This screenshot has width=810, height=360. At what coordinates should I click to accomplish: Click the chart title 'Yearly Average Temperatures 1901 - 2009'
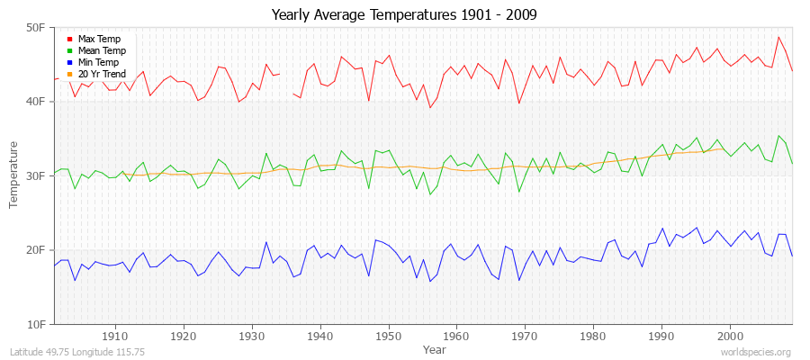tap(404, 16)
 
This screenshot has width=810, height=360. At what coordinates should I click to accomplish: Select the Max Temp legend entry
tap(97, 40)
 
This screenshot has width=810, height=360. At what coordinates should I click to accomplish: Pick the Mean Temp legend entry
tap(100, 51)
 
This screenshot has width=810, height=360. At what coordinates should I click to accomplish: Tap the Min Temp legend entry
tap(98, 63)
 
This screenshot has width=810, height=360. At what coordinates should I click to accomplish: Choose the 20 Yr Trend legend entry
tap(102, 74)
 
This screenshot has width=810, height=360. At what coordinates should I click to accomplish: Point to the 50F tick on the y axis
tap(35, 28)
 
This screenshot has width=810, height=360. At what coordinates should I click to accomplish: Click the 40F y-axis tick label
tap(35, 102)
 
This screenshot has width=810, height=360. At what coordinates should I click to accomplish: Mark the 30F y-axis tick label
tap(35, 175)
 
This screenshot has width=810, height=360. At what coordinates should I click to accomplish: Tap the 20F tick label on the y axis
tap(35, 249)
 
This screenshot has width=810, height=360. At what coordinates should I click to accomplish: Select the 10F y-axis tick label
tap(35, 323)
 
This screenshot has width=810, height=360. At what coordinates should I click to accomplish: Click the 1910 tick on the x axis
tap(115, 336)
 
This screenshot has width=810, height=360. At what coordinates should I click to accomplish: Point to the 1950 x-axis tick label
tap(388, 336)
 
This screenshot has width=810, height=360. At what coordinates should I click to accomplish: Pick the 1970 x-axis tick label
tap(525, 336)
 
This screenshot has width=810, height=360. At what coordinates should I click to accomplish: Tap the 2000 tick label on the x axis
tap(730, 336)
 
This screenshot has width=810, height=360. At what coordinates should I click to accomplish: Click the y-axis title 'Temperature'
tap(14, 175)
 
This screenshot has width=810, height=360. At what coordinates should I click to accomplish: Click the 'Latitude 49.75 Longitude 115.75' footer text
tap(76, 352)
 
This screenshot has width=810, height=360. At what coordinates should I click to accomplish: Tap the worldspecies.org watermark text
tap(756, 352)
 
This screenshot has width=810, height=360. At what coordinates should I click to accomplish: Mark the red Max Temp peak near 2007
tap(778, 37)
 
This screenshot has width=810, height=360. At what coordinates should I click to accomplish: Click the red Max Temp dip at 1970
tap(518, 103)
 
